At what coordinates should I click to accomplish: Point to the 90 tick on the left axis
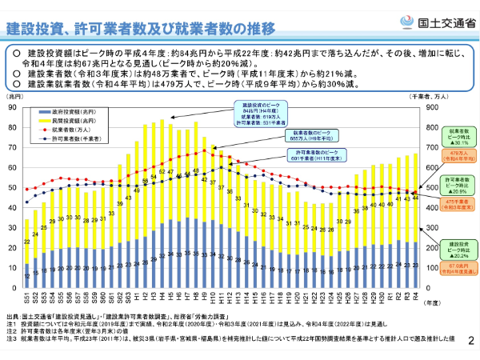[11, 106]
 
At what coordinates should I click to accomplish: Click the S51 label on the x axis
[26, 299]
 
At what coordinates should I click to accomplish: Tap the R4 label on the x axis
[416, 298]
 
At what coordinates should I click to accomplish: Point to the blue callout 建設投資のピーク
[257, 113]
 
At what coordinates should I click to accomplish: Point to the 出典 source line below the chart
[96, 318]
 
